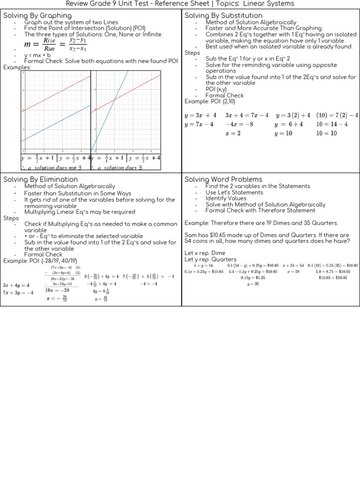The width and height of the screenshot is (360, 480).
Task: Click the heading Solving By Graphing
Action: pos(37,15)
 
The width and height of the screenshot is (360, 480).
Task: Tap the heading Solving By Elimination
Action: pos(40,180)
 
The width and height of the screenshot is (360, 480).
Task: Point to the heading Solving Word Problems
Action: pos(223,180)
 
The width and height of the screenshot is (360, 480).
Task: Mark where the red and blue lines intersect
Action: pos(115,99)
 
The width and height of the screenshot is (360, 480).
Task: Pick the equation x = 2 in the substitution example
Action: pos(232,133)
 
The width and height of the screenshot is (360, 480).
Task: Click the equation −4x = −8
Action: pos(240,124)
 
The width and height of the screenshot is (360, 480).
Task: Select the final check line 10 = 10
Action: pos(326,133)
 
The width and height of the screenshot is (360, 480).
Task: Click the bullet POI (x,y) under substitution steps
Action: pos(216,89)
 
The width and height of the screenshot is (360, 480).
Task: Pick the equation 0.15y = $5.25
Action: pos(253,277)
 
